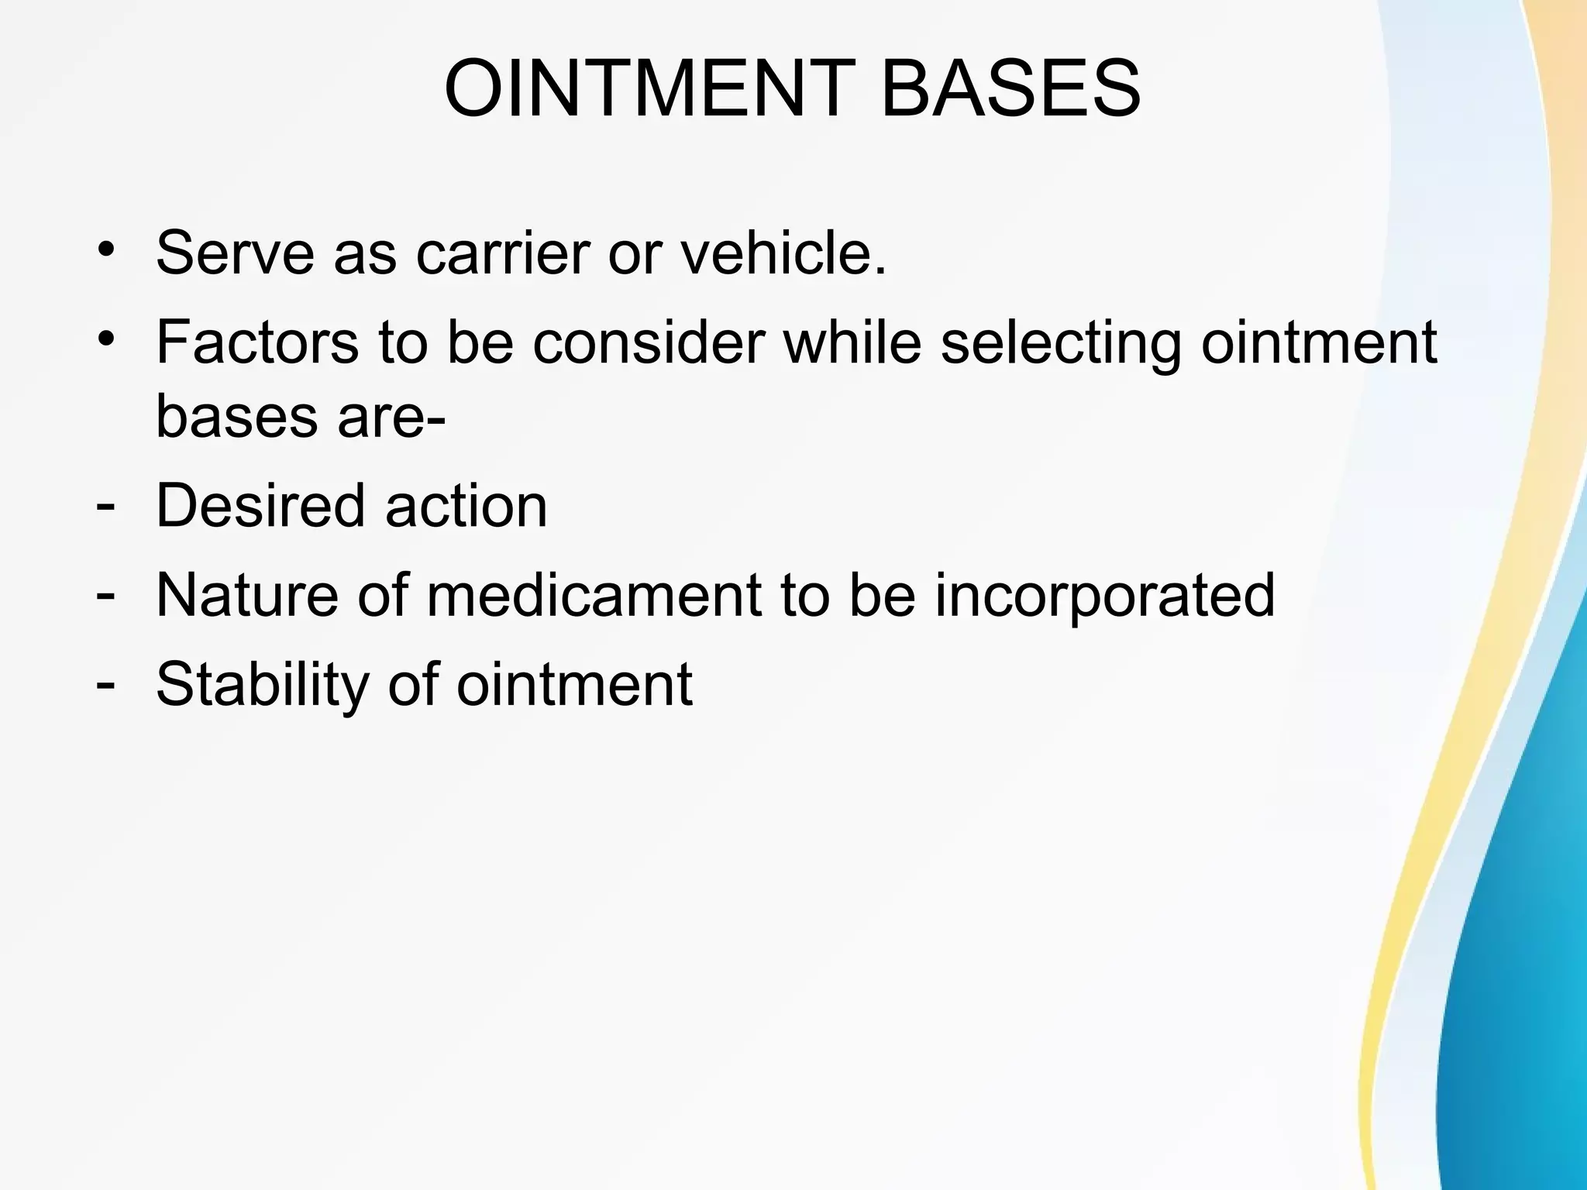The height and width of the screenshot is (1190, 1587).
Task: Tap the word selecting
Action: coord(1061,343)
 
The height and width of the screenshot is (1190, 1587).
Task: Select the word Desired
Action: coord(260,506)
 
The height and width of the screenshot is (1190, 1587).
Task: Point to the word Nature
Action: coord(247,595)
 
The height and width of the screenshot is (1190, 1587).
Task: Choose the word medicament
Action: coord(594,595)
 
